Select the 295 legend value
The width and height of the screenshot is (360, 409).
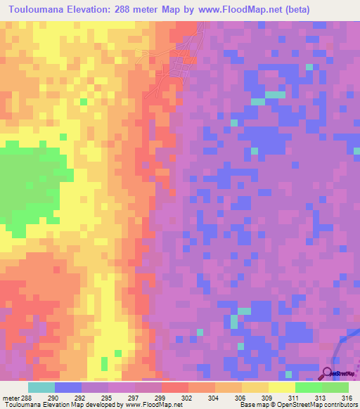pyautogui.click(x=107, y=397)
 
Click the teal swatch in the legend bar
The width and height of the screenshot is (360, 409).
pyautogui.click(x=41, y=387)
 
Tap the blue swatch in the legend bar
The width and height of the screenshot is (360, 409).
pyautogui.click(x=67, y=387)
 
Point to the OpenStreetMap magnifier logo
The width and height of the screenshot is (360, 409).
pyautogui.click(x=328, y=372)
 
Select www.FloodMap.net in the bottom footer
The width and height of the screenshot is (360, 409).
pyautogui.click(x=152, y=405)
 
